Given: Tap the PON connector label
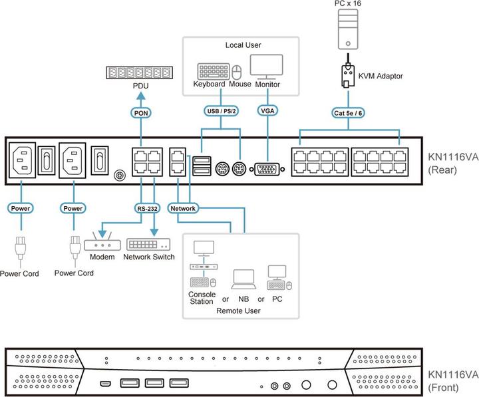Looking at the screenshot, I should (x=141, y=113).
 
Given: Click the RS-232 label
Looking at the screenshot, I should (x=146, y=208).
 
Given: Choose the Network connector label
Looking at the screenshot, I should (x=184, y=208).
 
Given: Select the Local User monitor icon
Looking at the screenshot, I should (x=266, y=66).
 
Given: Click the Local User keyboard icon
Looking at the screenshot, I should (x=212, y=70).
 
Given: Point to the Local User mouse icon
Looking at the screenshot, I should (x=238, y=71).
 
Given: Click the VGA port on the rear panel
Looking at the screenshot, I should (x=268, y=169).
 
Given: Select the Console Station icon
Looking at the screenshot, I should (x=202, y=263).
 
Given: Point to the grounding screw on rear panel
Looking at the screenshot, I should (x=120, y=176).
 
